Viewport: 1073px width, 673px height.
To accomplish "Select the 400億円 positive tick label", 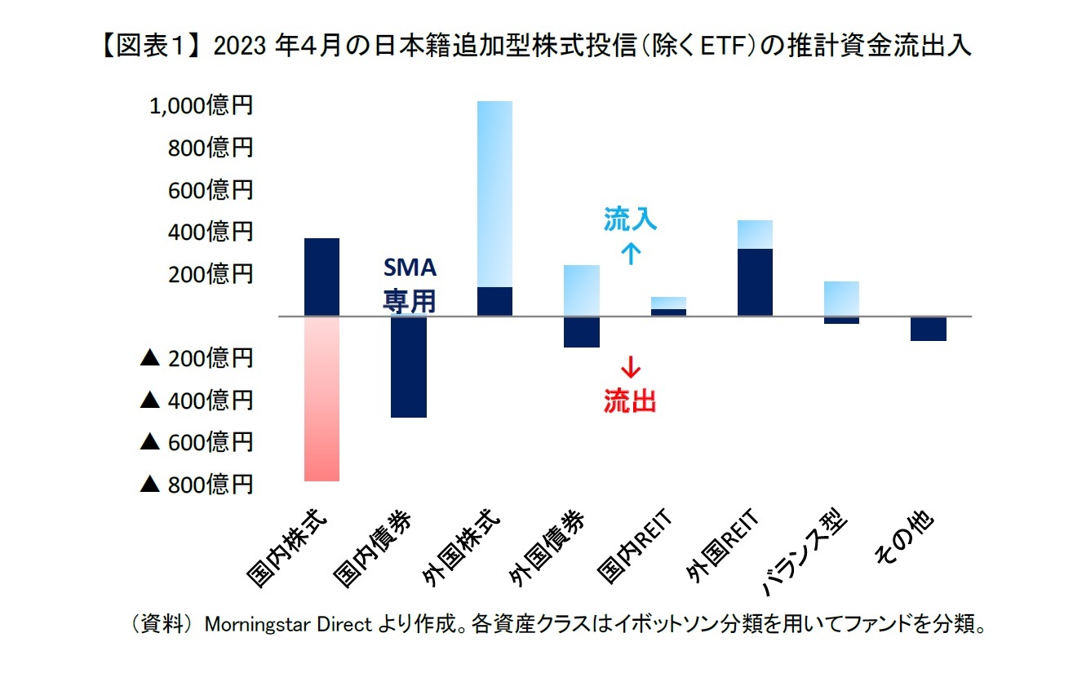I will [x=211, y=232].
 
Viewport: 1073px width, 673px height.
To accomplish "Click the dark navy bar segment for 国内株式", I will [x=321, y=277].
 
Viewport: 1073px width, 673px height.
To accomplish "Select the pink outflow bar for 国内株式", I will [x=321, y=398].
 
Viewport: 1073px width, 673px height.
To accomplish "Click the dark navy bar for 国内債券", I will [x=408, y=367].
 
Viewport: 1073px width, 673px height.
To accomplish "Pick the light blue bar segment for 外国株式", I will [x=494, y=194].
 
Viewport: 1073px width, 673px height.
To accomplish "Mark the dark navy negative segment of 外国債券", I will [x=582, y=332].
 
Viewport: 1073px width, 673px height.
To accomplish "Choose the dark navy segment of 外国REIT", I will [x=755, y=282].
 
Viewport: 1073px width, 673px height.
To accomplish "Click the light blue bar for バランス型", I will [x=841, y=299].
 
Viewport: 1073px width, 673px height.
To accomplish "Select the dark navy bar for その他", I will [x=928, y=329].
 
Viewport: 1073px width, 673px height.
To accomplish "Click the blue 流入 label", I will [x=630, y=219].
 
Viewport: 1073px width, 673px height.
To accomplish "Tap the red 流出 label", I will [x=630, y=401].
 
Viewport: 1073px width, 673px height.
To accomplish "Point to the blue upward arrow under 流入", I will [x=631, y=254].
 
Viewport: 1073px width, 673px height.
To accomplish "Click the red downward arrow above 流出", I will [x=631, y=366].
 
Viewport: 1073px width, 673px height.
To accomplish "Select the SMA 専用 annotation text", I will [x=410, y=285].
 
